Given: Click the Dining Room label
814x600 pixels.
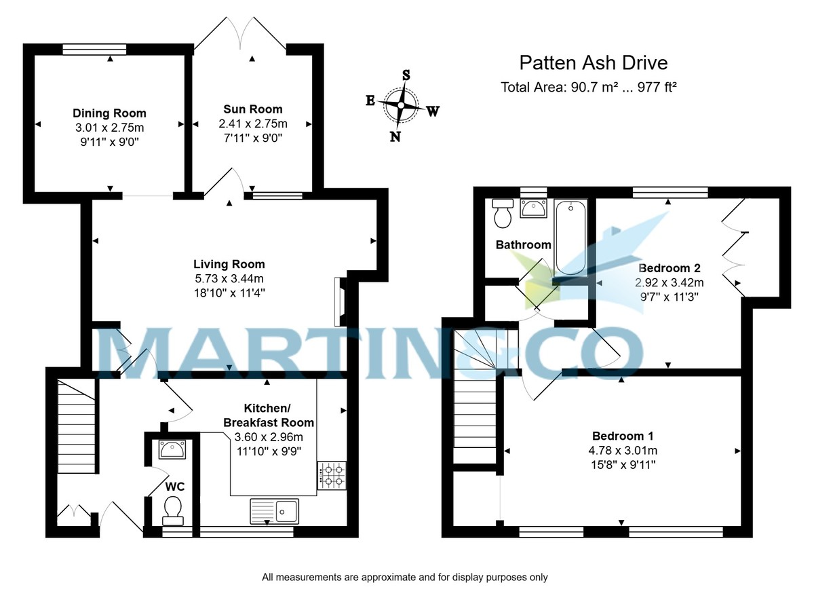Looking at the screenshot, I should [x=109, y=113].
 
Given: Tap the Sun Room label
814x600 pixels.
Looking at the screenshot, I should [x=253, y=109].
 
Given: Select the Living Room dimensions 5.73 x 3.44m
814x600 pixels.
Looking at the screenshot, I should [x=229, y=278].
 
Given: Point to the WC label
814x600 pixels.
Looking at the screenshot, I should [x=175, y=487].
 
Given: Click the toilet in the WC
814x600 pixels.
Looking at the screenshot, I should [x=173, y=510].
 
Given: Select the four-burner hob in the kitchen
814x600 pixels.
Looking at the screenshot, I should [x=332, y=475].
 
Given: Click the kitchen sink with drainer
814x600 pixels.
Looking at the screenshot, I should [x=273, y=509].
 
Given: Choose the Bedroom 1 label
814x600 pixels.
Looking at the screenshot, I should [x=623, y=436].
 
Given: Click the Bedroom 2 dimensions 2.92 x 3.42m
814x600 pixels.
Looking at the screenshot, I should [x=669, y=282].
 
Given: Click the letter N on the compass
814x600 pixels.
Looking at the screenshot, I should [x=395, y=136].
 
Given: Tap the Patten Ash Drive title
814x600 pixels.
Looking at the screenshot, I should [x=593, y=63].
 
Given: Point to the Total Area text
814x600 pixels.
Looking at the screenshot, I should [x=589, y=87].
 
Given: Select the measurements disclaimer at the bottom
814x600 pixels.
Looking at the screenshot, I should [x=404, y=578].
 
